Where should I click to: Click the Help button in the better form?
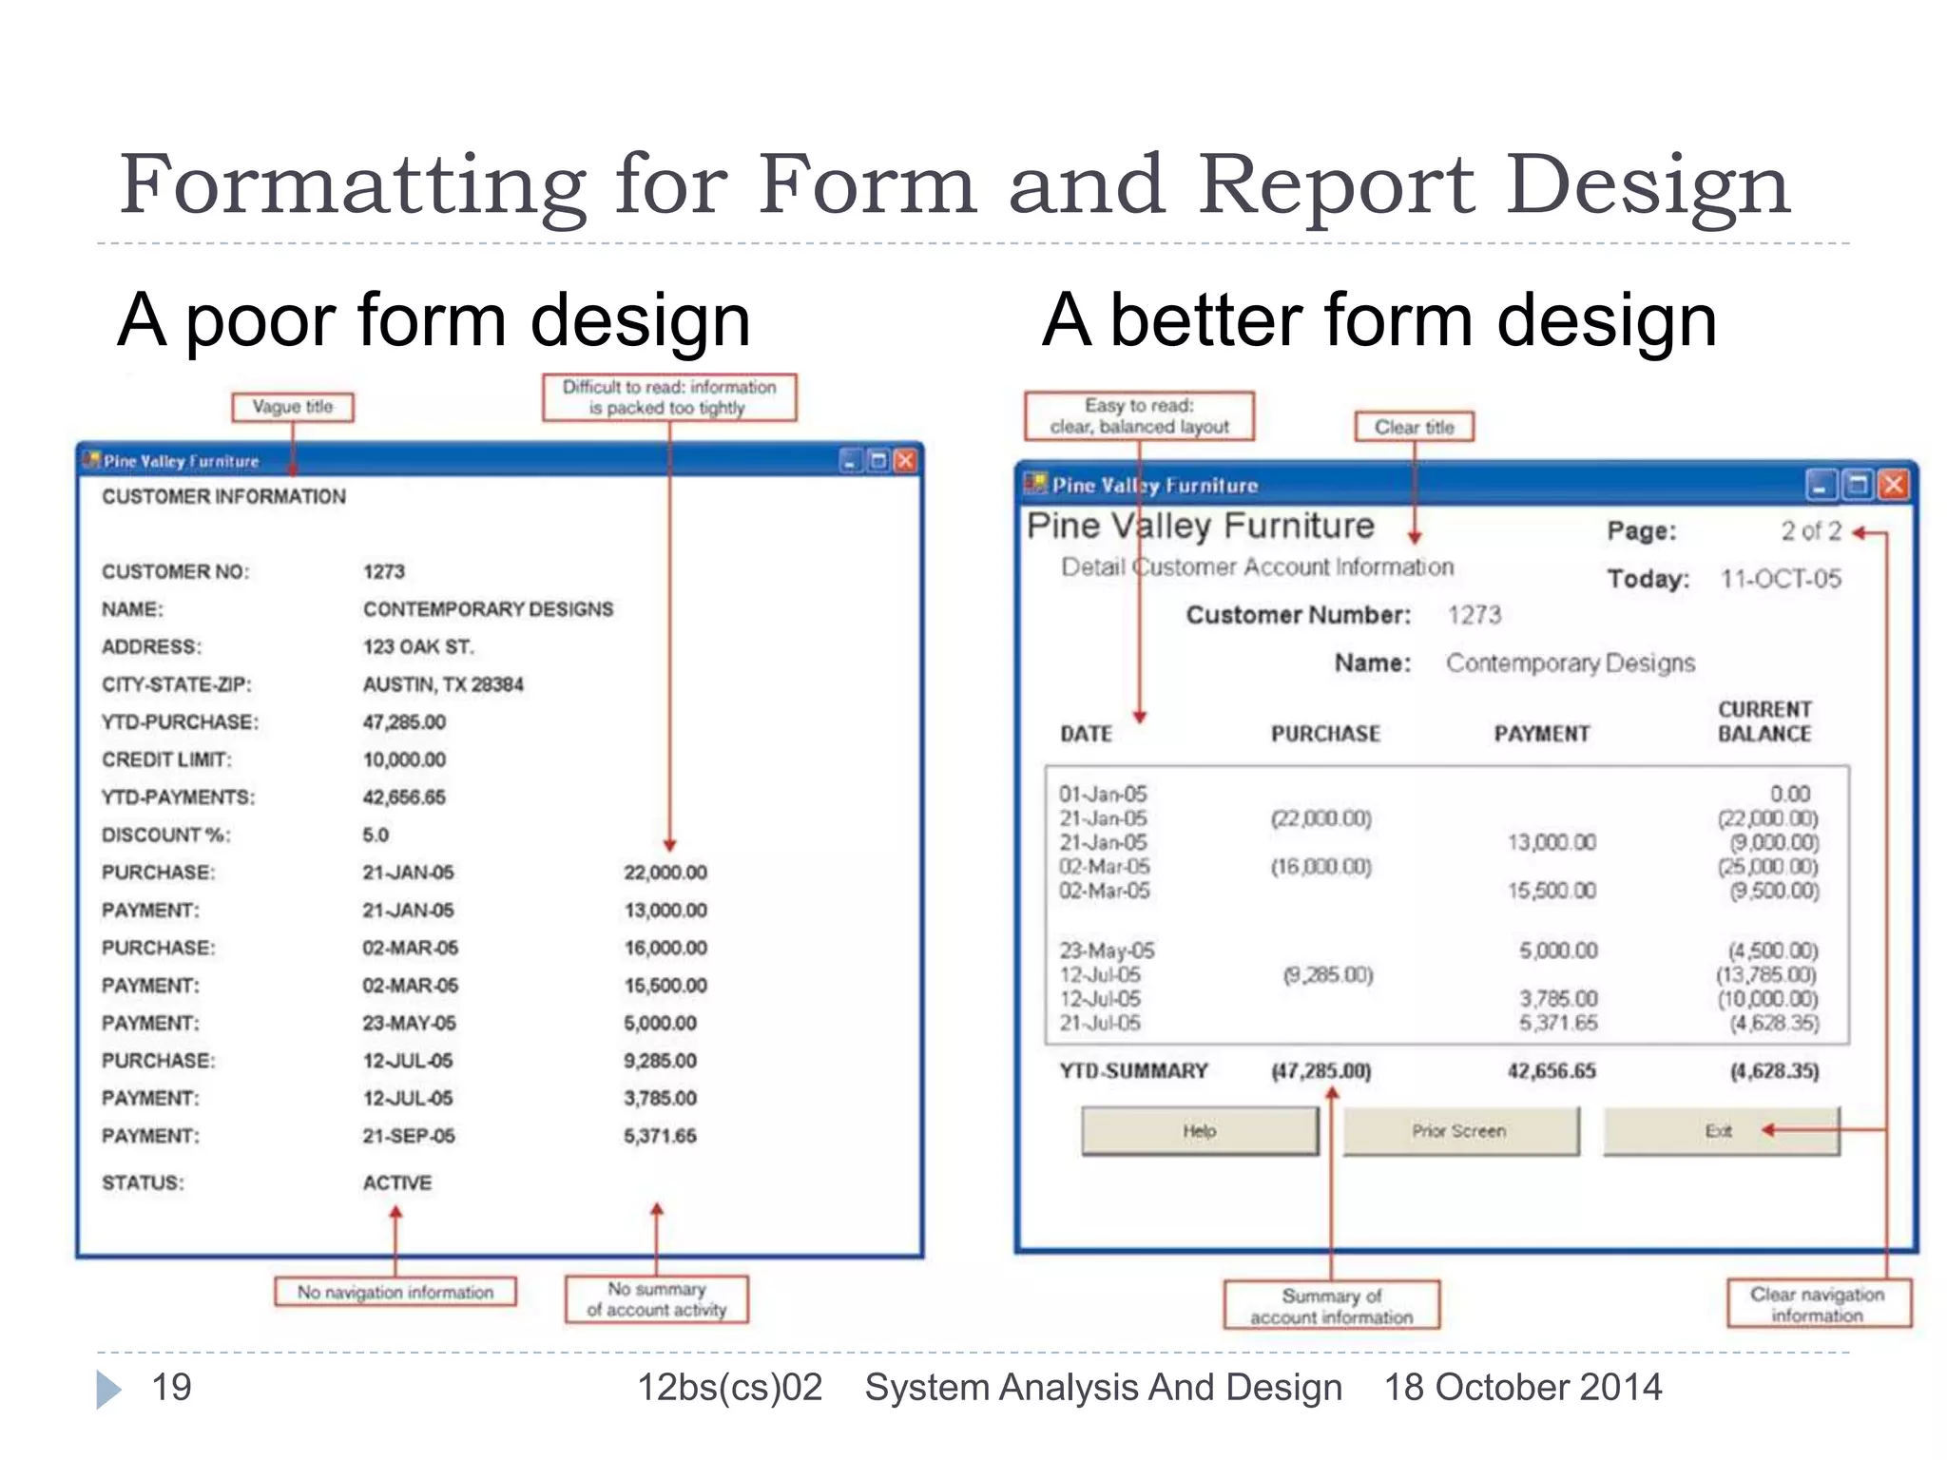(x=1200, y=1131)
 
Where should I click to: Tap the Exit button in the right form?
(x=1720, y=1131)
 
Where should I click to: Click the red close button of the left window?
(x=906, y=461)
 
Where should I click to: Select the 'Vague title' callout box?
(x=293, y=407)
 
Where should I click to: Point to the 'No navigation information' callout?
(x=395, y=1293)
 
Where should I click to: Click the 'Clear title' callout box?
(x=1414, y=427)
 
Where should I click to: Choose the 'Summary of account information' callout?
(x=1332, y=1306)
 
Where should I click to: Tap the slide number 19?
(x=171, y=1388)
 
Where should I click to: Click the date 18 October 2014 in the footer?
(x=1523, y=1388)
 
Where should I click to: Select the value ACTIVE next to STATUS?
(x=397, y=1183)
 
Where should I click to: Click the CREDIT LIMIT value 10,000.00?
(x=404, y=760)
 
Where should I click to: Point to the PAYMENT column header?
(x=1541, y=734)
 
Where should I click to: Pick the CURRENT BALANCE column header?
(x=1764, y=721)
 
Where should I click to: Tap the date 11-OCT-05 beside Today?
(x=1781, y=579)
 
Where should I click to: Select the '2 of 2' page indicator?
(x=1811, y=531)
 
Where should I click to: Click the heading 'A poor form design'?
(x=434, y=320)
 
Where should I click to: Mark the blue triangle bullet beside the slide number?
(x=108, y=1390)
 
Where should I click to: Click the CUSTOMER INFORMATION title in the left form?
(x=224, y=497)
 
